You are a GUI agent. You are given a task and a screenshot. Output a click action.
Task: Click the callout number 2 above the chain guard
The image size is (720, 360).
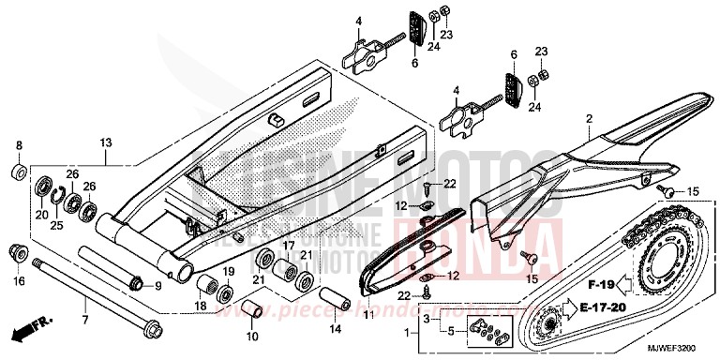pos(589,119)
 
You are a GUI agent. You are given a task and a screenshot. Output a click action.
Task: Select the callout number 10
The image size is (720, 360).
pos(251,336)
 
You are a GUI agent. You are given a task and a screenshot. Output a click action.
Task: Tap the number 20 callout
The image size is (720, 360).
pos(41,215)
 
